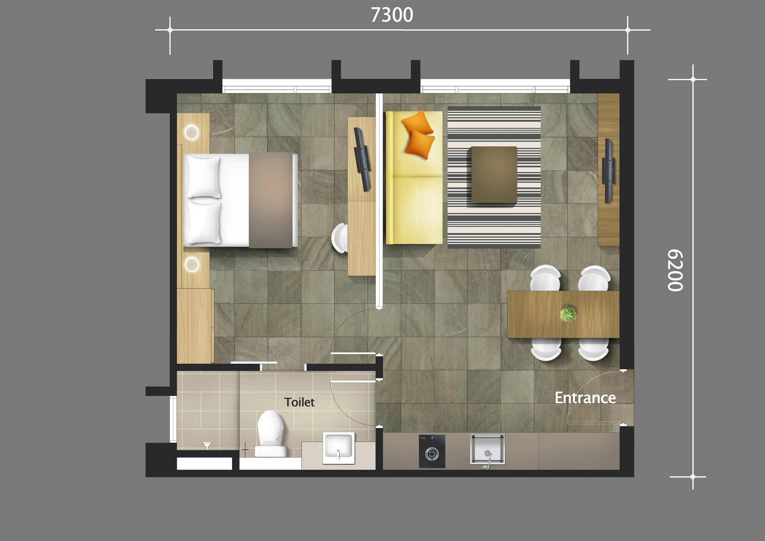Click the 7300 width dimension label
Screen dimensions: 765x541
point(392,15)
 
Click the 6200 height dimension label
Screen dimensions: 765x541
point(675,270)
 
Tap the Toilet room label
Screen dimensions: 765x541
point(299,402)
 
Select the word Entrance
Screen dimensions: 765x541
point(585,398)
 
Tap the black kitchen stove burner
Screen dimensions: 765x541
point(432,451)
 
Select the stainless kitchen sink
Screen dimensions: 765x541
point(487,450)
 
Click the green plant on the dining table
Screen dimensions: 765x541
point(568,313)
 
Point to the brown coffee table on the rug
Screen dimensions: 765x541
point(494,175)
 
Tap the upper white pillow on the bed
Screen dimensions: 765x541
point(204,177)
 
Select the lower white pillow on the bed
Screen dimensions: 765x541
point(204,223)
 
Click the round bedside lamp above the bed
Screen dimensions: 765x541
point(192,132)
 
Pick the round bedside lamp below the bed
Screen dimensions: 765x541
point(192,265)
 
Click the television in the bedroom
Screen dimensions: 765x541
point(363,159)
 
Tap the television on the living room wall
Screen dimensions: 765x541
point(609,171)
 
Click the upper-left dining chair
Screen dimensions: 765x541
point(545,278)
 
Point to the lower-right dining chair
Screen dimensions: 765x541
point(594,349)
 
